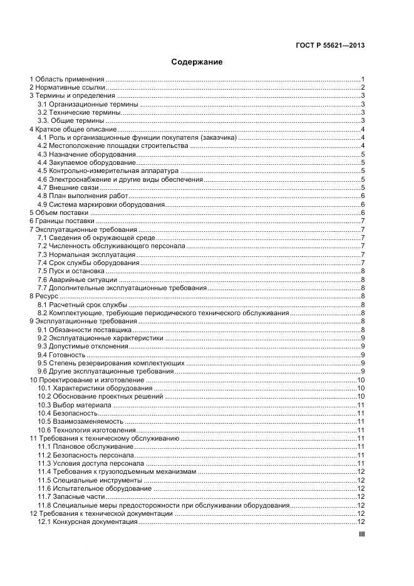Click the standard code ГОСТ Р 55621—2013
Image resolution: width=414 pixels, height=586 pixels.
329,45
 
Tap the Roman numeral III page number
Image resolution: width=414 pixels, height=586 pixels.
361,534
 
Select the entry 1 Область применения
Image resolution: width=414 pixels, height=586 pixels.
67,80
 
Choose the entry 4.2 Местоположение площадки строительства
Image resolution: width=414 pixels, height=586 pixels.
113,145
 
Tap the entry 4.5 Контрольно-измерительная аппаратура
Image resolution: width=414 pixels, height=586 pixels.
108,170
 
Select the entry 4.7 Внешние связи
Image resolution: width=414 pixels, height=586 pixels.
68,187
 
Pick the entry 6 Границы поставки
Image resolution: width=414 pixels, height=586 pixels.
62,221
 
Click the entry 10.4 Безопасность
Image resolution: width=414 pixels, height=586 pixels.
68,412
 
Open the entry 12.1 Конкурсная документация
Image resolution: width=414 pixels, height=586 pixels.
88,521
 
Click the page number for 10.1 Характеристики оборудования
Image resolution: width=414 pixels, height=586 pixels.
361,387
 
